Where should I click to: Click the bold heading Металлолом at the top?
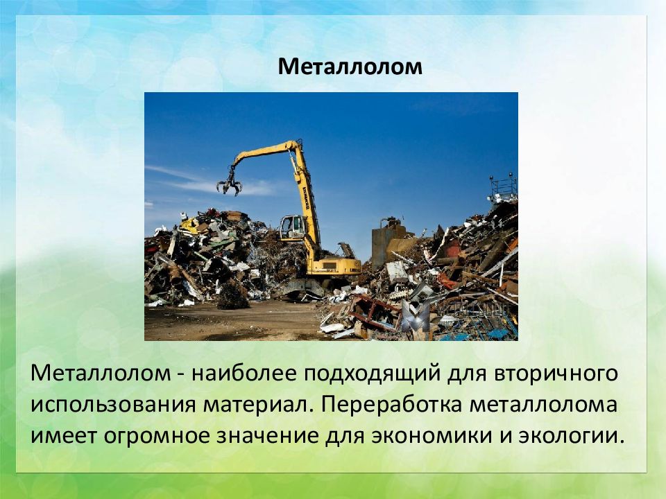[x=350, y=67]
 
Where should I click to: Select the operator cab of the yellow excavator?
[x=293, y=228]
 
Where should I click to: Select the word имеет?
[x=64, y=437]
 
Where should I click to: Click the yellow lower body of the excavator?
[x=334, y=266]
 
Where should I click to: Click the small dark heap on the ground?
[x=232, y=295]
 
